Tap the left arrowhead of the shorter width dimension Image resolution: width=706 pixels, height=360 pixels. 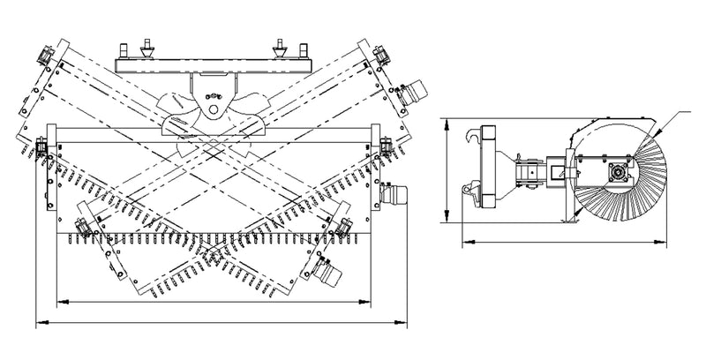click(x=57, y=303)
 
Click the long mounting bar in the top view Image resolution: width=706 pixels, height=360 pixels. click(x=212, y=61)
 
